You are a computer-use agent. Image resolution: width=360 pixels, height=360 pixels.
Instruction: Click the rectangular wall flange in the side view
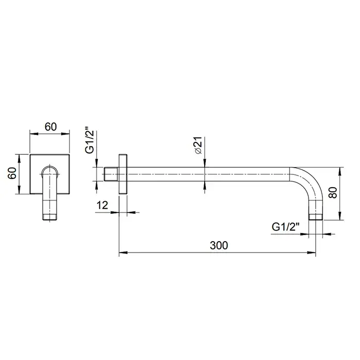pos(122,173)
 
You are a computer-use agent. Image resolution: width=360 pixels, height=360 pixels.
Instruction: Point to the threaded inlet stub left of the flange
pos(112,173)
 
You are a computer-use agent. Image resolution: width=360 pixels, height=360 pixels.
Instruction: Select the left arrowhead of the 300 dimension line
pos(122,253)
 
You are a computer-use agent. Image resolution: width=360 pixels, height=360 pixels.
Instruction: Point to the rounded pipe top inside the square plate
pos(50,169)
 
